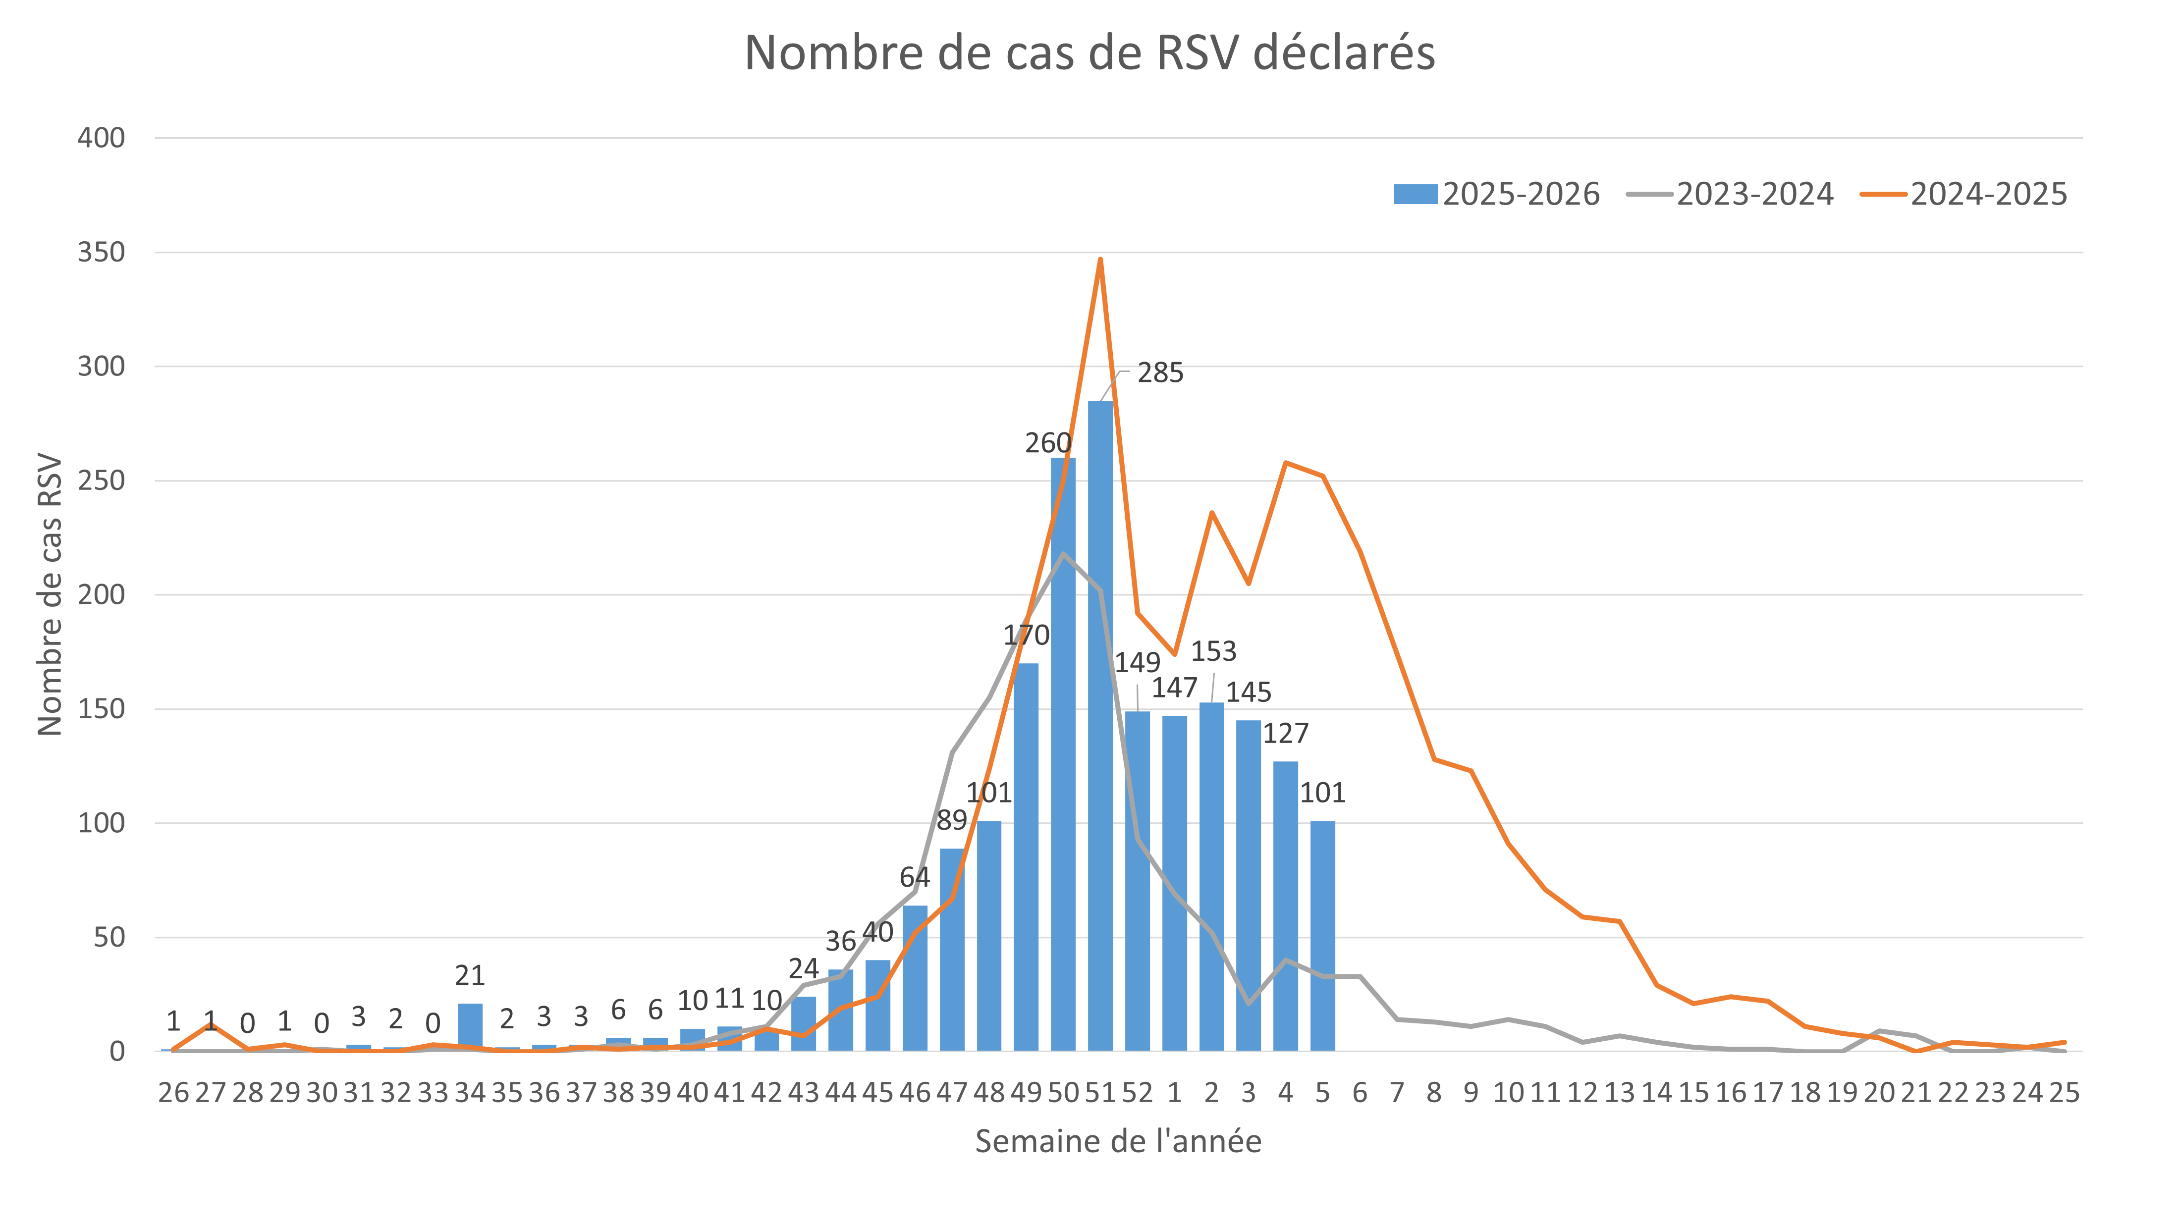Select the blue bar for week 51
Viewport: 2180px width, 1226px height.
point(1100,728)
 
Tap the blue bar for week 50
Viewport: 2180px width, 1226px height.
point(1063,753)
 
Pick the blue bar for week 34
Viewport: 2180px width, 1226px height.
point(470,1027)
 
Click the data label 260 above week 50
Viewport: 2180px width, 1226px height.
point(1048,443)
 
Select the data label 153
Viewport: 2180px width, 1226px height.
point(1213,651)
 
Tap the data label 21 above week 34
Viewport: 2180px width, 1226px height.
point(470,976)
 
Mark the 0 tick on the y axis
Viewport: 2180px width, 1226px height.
point(117,1052)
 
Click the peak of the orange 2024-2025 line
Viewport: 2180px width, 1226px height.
point(1100,259)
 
